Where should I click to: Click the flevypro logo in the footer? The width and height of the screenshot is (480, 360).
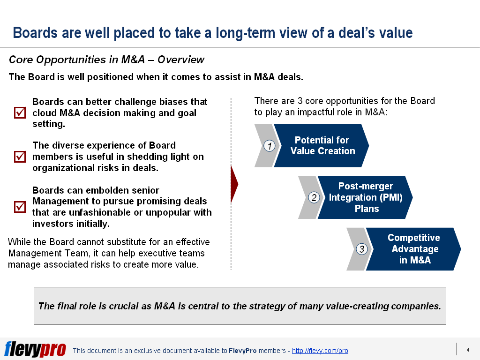pos(35,349)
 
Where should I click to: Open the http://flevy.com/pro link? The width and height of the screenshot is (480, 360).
pos(320,351)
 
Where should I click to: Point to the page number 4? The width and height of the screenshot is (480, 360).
pos(468,350)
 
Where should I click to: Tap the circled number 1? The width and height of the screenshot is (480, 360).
pos(270,146)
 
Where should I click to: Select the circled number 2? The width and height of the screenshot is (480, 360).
pos(314,197)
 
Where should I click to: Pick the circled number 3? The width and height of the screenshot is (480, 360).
pos(362,249)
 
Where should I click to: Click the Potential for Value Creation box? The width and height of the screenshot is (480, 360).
pos(322,146)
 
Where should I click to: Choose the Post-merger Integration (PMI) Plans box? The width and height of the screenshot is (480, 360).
pos(365,197)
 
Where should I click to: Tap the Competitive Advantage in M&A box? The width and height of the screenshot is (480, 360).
pos(413,249)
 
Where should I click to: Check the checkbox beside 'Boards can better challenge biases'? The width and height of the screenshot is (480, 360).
pos(20,112)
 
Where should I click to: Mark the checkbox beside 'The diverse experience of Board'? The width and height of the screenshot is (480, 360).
pos(20,157)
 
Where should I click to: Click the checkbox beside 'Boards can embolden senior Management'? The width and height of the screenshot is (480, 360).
pos(20,207)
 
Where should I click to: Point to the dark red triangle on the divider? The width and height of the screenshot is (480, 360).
pos(234,184)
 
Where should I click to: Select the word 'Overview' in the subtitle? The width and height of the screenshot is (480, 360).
pos(180,60)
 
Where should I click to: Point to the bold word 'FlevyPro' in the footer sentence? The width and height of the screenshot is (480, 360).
pos(243,351)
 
